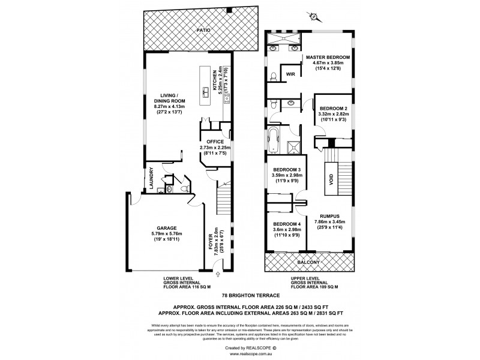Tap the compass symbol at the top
pyautogui.click(x=312, y=16)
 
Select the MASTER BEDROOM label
pyautogui.click(x=327, y=58)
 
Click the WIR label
pyautogui.click(x=290, y=74)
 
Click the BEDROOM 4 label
pyautogui.click(x=286, y=224)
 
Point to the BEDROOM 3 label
pyautogui.click(x=286, y=170)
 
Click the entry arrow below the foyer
pyautogui.click(x=217, y=274)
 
